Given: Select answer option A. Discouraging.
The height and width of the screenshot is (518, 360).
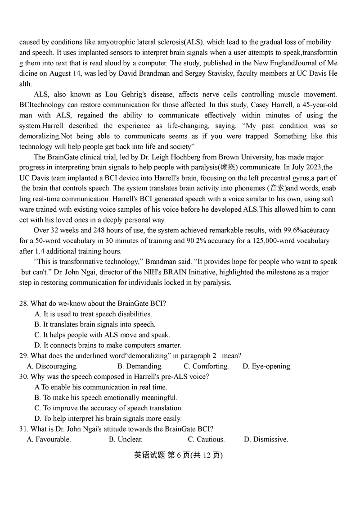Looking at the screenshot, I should tap(52, 366).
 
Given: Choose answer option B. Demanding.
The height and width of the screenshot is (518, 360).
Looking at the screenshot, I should tap(139, 366).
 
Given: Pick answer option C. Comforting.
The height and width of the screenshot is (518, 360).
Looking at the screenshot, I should tap(206, 366).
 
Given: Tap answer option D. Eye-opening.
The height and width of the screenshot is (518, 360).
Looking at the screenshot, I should tap(267, 366).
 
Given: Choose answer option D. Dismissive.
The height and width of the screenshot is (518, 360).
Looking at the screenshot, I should tap(265, 439).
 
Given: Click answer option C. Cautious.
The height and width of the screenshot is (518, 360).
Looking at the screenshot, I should tap(206, 439).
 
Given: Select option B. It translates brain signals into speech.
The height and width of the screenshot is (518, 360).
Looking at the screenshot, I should tap(94, 324).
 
